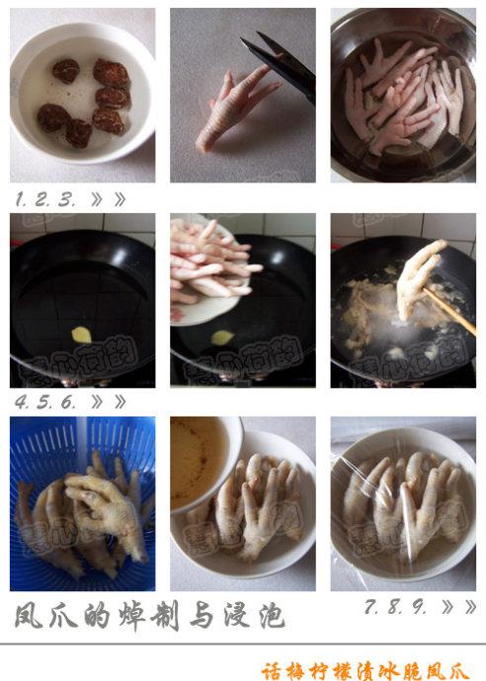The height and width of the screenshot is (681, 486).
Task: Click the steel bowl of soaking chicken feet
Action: point(404,97)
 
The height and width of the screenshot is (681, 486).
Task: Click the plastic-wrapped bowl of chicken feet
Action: point(403,503)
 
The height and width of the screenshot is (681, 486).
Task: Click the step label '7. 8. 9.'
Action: point(395,608)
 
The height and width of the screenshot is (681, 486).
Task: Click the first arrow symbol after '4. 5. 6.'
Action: point(97,401)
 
